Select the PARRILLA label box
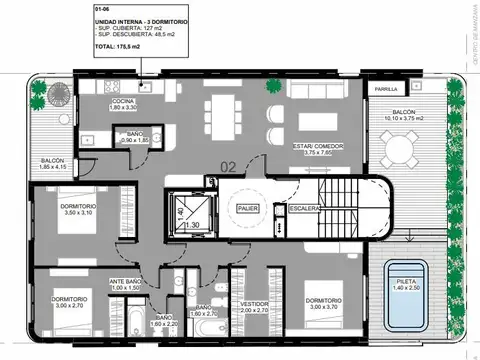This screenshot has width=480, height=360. (385, 89)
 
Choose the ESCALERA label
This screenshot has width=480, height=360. (304, 208)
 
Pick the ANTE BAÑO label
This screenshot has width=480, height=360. (125, 284)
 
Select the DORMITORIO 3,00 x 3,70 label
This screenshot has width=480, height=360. (326, 304)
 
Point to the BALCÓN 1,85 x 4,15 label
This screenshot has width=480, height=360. (53, 163)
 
